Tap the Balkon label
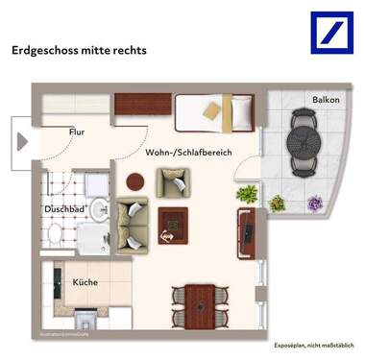tap(323, 100)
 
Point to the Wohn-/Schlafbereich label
tap(188, 153)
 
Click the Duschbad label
tap(64, 207)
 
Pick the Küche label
tap(86, 283)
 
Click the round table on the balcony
tap(306, 144)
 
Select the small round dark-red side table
tap(135, 180)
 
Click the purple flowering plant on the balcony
tap(314, 203)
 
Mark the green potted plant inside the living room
tap(248, 193)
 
